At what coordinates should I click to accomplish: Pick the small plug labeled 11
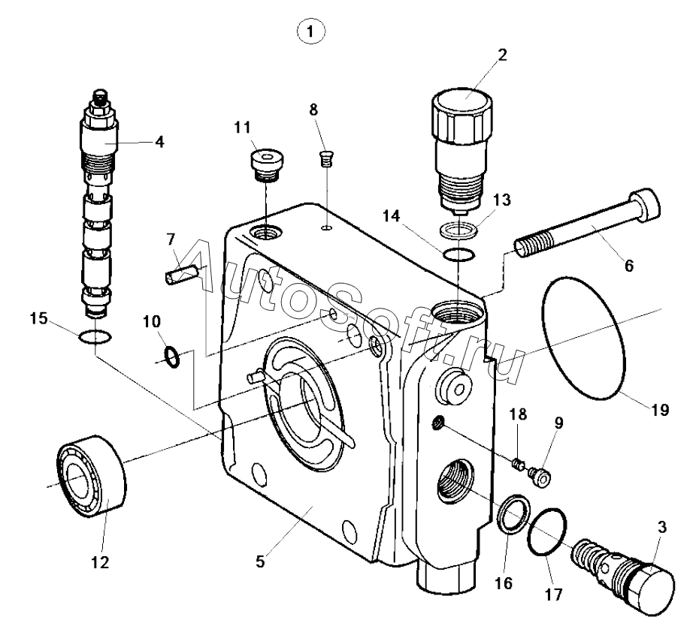click(268, 164)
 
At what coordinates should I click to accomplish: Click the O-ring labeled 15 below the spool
click(96, 338)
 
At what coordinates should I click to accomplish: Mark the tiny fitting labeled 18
click(517, 465)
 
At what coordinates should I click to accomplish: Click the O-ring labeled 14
click(458, 255)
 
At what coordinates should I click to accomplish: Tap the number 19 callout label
click(660, 410)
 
